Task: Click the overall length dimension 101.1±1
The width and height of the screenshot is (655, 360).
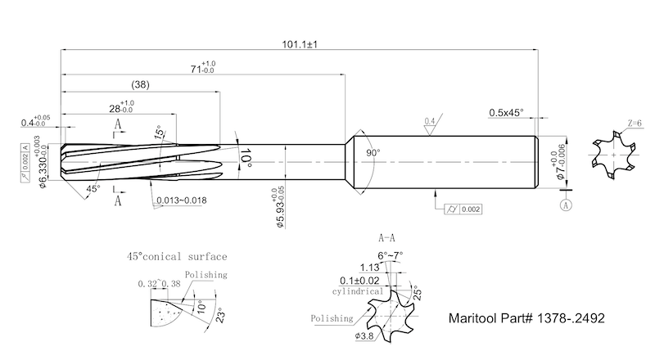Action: click(300, 44)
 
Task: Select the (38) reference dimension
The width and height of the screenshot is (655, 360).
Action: click(140, 85)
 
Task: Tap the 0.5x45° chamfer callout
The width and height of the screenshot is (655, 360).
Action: click(506, 113)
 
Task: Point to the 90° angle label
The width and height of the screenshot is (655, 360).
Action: click(373, 153)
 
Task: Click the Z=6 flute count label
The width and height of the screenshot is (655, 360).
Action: click(634, 124)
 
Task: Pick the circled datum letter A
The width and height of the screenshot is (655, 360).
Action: click(566, 205)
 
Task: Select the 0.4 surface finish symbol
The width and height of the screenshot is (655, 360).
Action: click(430, 124)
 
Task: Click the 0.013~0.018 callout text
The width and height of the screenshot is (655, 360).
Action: click(181, 200)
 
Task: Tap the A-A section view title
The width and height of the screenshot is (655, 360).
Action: click(386, 238)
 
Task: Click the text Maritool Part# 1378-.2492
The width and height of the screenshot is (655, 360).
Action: click(526, 318)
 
